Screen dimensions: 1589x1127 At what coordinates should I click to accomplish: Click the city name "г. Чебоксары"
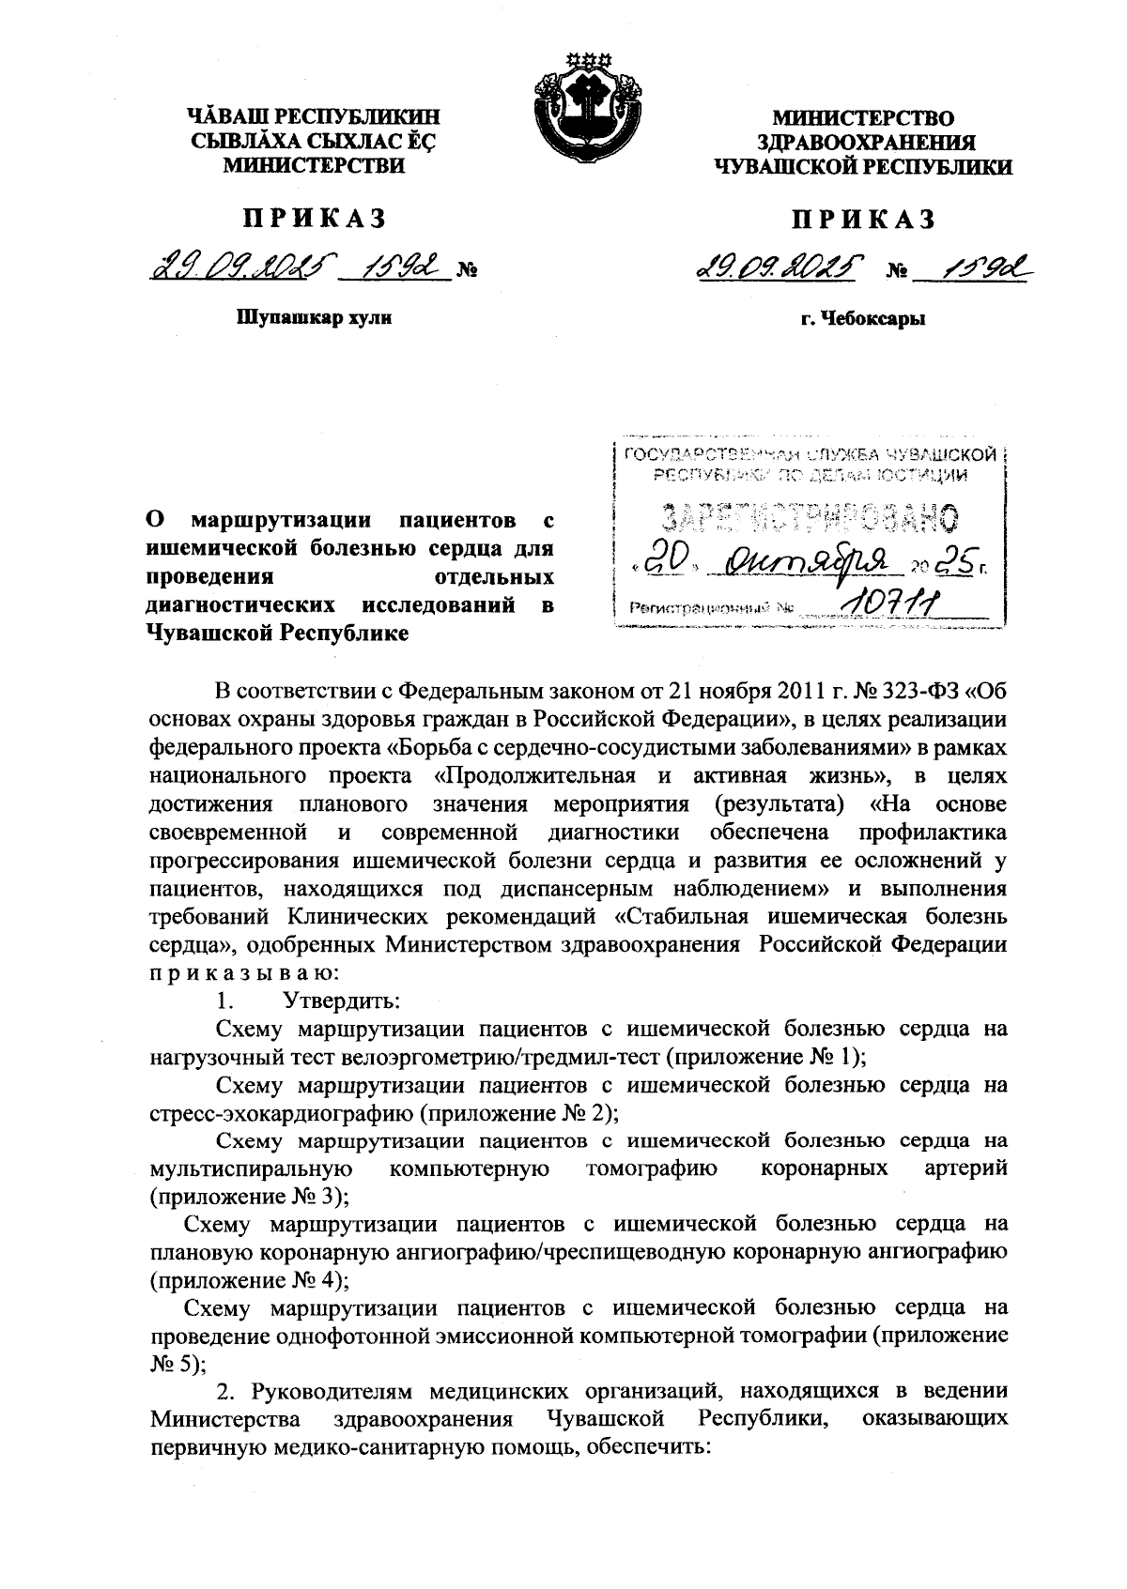pos(863,319)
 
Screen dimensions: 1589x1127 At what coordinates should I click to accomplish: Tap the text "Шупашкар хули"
pos(313,317)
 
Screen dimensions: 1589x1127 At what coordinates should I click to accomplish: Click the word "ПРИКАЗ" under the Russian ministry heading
pos(863,221)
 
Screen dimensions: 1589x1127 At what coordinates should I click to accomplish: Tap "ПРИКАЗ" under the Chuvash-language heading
pos(315,220)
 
